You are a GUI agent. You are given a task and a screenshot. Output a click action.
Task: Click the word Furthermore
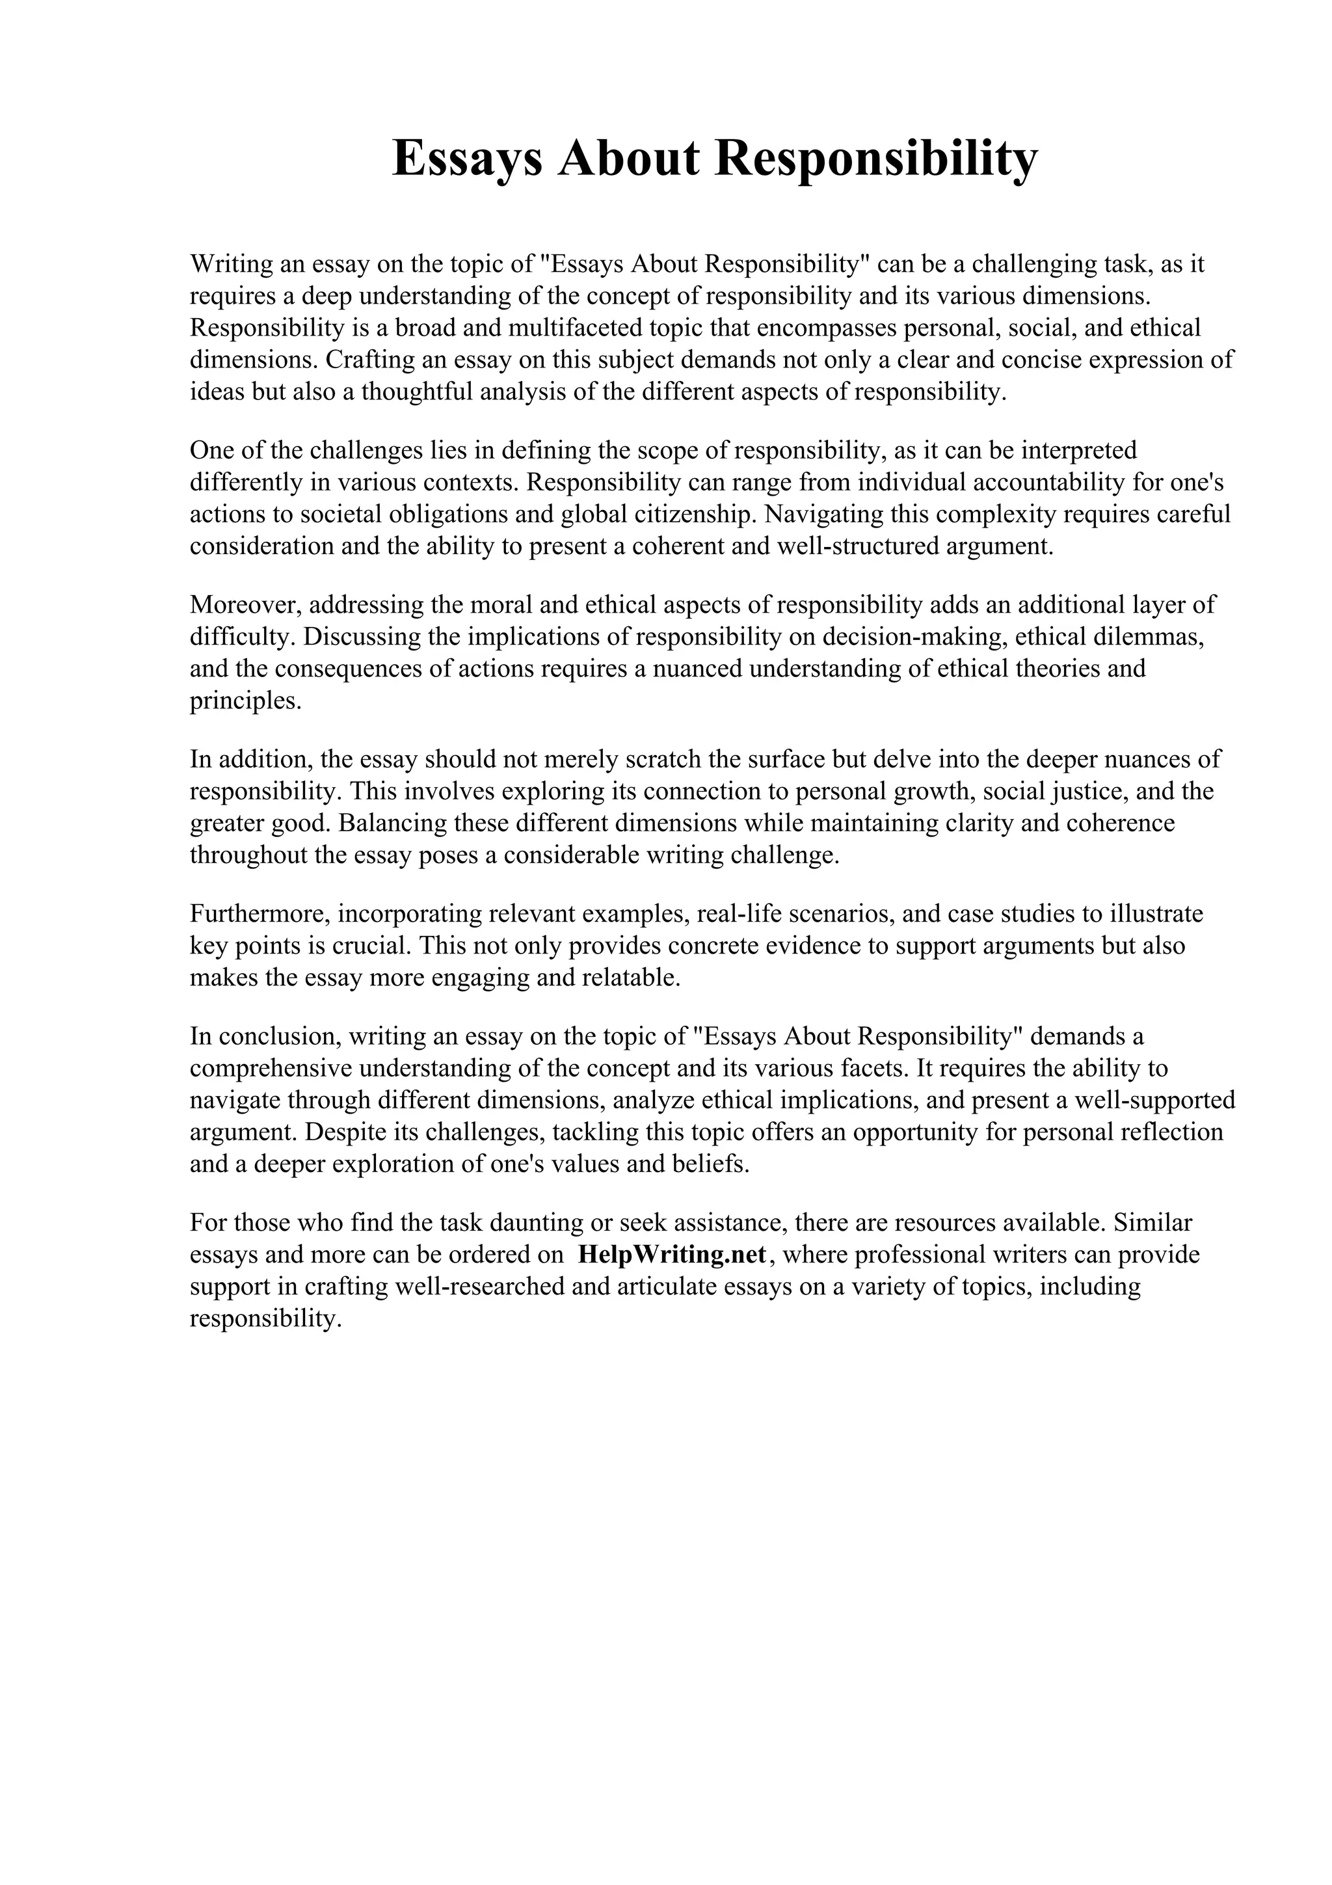click(x=260, y=914)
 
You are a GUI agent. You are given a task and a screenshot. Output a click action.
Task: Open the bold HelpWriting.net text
click(x=672, y=1255)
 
